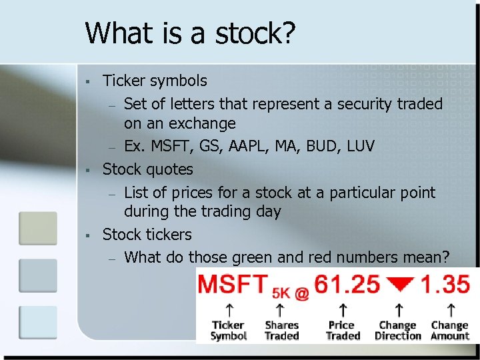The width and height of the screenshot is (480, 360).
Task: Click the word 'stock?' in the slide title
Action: [x=259, y=33]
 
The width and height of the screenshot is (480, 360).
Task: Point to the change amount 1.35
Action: [x=447, y=285]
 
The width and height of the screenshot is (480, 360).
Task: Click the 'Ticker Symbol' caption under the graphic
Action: [x=229, y=331]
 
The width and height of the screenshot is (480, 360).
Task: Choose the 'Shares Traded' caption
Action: [x=281, y=331]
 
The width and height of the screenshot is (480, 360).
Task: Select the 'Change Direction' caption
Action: [x=397, y=331]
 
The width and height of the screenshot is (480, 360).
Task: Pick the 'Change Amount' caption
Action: [x=449, y=331]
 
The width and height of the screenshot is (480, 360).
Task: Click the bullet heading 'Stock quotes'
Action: [x=147, y=169]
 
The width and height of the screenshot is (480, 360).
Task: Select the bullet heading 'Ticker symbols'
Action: [x=155, y=81]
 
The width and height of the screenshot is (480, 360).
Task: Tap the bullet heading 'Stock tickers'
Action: [x=147, y=235]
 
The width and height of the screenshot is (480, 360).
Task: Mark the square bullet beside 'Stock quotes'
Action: [x=87, y=170]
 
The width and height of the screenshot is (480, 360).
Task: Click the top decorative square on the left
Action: [x=33, y=229]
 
